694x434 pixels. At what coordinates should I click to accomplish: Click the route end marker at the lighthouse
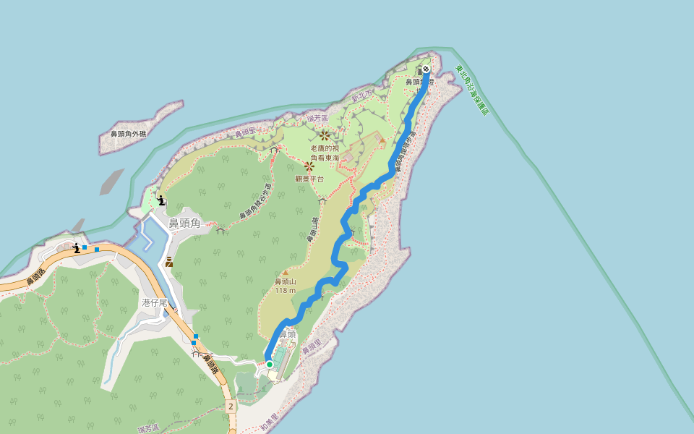pyautogui.click(x=427, y=69)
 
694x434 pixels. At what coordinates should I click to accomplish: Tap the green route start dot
pyautogui.click(x=270, y=365)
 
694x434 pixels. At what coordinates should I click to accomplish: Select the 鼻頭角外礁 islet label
pyautogui.click(x=128, y=134)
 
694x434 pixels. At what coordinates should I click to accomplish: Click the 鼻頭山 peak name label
pyautogui.click(x=286, y=281)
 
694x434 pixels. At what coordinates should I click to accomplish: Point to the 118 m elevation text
pyautogui.click(x=286, y=290)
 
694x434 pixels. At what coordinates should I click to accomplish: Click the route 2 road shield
pyautogui.click(x=231, y=407)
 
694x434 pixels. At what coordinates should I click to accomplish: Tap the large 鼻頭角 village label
pyautogui.click(x=184, y=224)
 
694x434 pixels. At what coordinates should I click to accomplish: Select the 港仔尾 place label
pyautogui.click(x=155, y=302)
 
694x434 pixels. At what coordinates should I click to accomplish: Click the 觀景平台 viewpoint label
pyautogui.click(x=309, y=179)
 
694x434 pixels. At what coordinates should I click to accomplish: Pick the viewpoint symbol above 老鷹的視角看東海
pyautogui.click(x=325, y=135)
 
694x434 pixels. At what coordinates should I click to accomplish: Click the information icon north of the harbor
pyautogui.click(x=161, y=200)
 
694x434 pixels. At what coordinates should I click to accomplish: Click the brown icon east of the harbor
pyautogui.click(x=169, y=262)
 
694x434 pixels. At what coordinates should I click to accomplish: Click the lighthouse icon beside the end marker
pyautogui.click(x=419, y=71)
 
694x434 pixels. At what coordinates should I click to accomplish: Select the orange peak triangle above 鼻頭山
pyautogui.click(x=286, y=272)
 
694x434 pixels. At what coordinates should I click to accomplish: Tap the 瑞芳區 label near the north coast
pyautogui.click(x=317, y=117)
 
